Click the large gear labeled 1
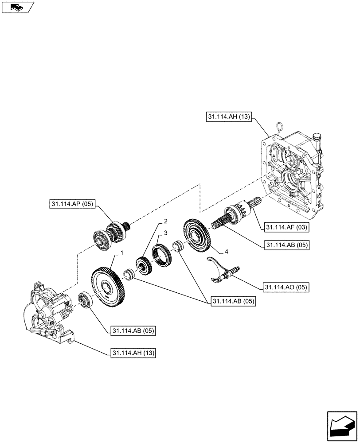click(109, 288)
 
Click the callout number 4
click(226, 252)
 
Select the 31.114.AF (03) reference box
click(287, 227)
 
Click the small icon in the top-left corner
click(18, 7)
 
